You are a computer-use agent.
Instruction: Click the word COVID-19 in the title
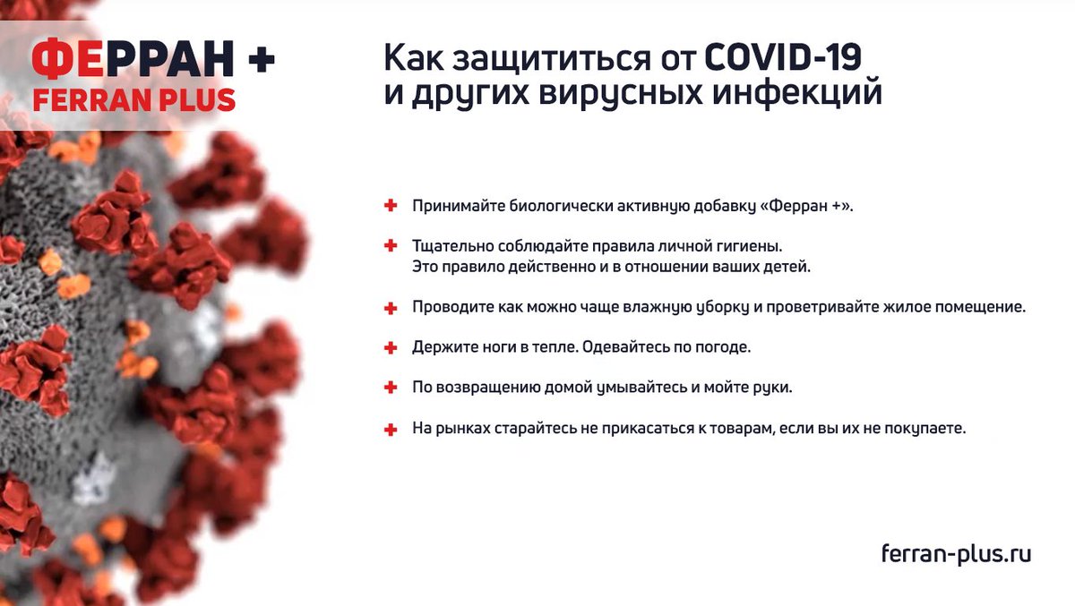coord(782,58)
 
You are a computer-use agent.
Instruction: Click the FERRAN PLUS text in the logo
coord(134,98)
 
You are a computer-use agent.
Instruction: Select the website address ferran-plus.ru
coord(956,554)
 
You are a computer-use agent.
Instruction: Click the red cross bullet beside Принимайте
coord(391,206)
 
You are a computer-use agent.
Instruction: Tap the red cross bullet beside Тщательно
coord(391,245)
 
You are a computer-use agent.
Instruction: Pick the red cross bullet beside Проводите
coord(391,307)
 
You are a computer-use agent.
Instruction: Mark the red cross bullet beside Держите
coord(391,347)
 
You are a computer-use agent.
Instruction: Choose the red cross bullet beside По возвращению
coord(391,388)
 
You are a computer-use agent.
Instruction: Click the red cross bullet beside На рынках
coord(391,429)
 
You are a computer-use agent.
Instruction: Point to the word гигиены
coord(752,245)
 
